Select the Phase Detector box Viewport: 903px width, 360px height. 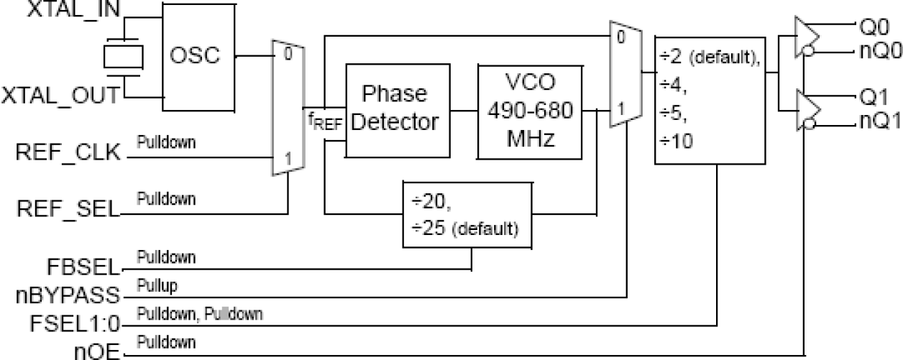393,109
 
